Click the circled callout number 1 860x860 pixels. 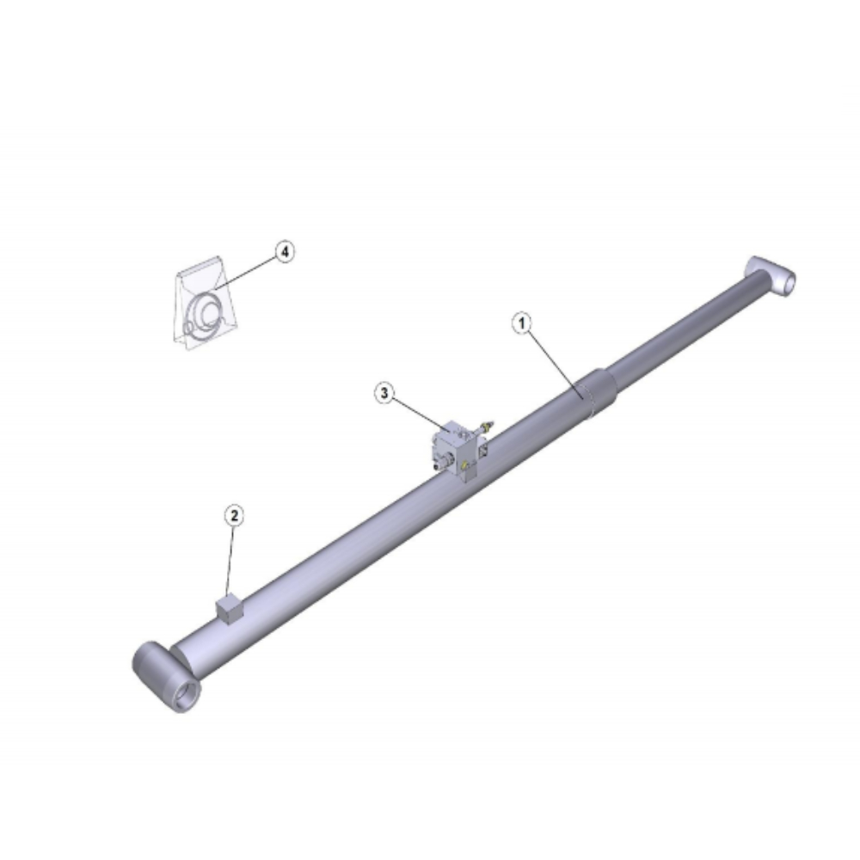[x=522, y=323]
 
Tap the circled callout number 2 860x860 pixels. [x=234, y=515]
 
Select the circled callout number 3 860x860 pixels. [x=384, y=393]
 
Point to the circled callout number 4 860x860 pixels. [x=284, y=252]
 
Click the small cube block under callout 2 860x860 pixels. [x=228, y=610]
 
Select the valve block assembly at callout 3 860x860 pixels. [x=459, y=451]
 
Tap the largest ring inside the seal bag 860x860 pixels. [x=204, y=314]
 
